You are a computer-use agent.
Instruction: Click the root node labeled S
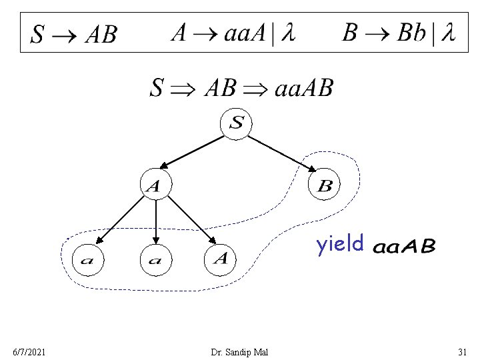[237, 123]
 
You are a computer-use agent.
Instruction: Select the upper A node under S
[155, 186]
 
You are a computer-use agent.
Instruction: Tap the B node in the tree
[325, 185]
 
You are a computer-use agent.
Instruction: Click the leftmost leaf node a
[87, 259]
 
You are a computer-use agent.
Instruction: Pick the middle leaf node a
[155, 259]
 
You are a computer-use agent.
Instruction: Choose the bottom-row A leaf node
[222, 258]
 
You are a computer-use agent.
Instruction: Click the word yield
[340, 245]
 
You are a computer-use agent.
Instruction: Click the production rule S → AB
[74, 33]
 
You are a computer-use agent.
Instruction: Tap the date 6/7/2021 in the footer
[29, 351]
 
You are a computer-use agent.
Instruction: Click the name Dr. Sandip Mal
[239, 351]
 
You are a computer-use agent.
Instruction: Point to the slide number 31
[462, 351]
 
